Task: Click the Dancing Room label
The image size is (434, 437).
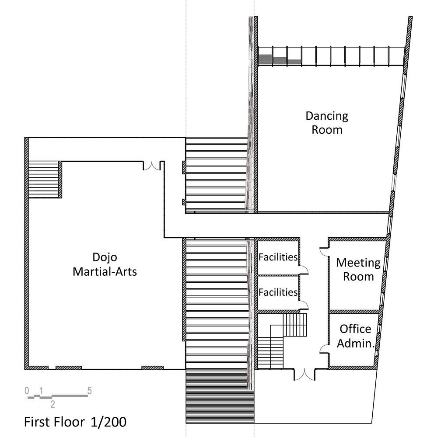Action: (x=327, y=123)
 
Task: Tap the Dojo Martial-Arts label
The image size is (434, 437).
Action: (x=105, y=264)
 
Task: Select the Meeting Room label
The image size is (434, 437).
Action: (x=358, y=270)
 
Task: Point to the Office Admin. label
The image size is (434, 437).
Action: (x=356, y=336)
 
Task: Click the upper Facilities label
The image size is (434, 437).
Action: (x=278, y=257)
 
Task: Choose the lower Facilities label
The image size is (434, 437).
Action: (x=278, y=292)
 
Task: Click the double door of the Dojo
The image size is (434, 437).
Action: (x=151, y=166)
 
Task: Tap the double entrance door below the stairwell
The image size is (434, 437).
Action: (x=304, y=375)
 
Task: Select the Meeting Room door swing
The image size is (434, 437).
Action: (x=324, y=252)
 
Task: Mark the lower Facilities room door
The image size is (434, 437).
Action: (x=303, y=305)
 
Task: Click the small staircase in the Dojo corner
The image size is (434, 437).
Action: (x=44, y=180)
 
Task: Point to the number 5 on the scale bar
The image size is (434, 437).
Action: (x=89, y=391)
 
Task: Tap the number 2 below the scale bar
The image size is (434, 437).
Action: (x=52, y=404)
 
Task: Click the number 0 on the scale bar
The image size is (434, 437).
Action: (x=27, y=391)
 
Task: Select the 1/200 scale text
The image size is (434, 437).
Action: (x=108, y=422)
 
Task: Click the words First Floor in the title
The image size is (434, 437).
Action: (x=54, y=422)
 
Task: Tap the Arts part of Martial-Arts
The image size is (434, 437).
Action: (x=126, y=271)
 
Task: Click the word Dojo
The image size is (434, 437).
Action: (x=105, y=257)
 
